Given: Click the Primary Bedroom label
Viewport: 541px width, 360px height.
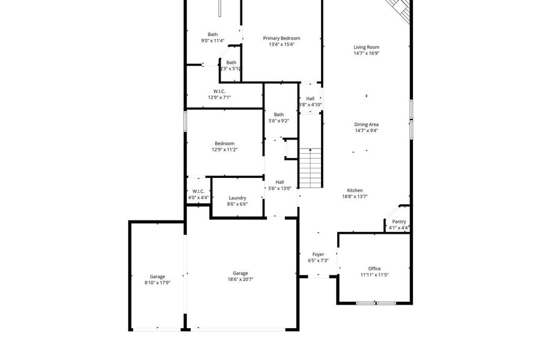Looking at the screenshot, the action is [281, 38].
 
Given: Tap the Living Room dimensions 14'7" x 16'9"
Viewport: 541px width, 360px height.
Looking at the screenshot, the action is [367, 53].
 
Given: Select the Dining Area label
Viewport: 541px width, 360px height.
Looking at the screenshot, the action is [367, 124].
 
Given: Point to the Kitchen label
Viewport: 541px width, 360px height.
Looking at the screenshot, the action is [355, 191].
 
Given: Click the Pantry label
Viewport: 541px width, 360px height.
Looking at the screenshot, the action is [399, 222].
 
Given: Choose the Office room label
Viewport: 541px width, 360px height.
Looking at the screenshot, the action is [374, 269].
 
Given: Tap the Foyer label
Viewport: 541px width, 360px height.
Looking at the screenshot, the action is [318, 254].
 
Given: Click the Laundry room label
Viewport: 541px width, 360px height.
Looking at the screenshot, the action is [237, 198].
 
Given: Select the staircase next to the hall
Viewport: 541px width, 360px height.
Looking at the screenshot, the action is [310, 168].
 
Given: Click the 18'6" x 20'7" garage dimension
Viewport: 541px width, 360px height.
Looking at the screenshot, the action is [240, 279].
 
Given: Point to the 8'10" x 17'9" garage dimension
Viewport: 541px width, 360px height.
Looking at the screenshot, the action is [157, 282].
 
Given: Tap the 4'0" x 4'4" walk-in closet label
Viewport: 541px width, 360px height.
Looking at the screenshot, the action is [198, 198].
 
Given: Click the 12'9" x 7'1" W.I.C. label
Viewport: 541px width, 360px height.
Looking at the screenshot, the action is [219, 97].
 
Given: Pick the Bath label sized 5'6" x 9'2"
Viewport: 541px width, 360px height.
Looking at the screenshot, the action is [279, 114].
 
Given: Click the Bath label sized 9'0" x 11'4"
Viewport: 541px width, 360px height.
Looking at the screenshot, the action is [213, 34].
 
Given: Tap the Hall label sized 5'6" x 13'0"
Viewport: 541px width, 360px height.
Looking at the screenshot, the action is [280, 182].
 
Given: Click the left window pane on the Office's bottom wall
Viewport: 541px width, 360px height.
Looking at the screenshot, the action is [365, 304].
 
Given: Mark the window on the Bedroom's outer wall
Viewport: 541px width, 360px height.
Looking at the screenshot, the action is [185, 121].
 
